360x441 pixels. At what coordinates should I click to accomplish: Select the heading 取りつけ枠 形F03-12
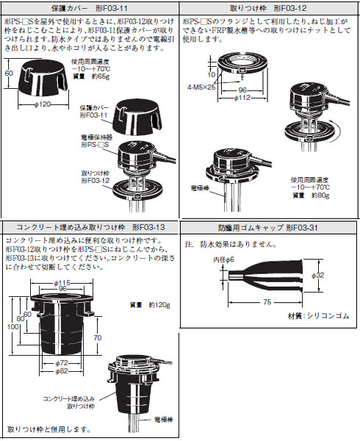pyautogui.click(x=269, y=7)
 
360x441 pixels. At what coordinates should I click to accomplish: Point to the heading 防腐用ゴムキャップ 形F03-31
pyautogui.click(x=269, y=229)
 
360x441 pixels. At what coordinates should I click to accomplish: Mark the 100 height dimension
pyautogui.click(x=10, y=326)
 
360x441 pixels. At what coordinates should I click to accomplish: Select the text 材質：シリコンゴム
pyautogui.click(x=317, y=315)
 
